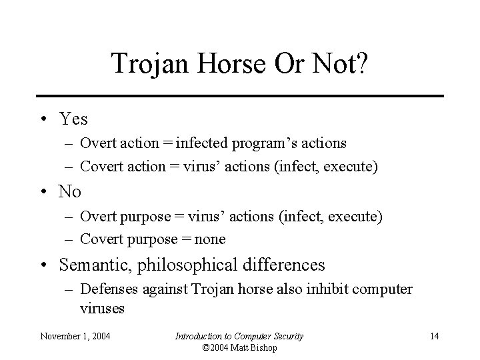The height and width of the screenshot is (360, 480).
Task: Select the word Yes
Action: [x=73, y=119]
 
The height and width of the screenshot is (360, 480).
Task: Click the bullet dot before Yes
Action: [x=42, y=120]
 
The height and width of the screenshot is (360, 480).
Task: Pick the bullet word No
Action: [x=70, y=192]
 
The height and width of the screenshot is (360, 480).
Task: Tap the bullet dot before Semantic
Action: [x=42, y=265]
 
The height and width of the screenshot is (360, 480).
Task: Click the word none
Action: [x=209, y=239]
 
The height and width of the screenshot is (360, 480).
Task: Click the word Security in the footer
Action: [x=284, y=336]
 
